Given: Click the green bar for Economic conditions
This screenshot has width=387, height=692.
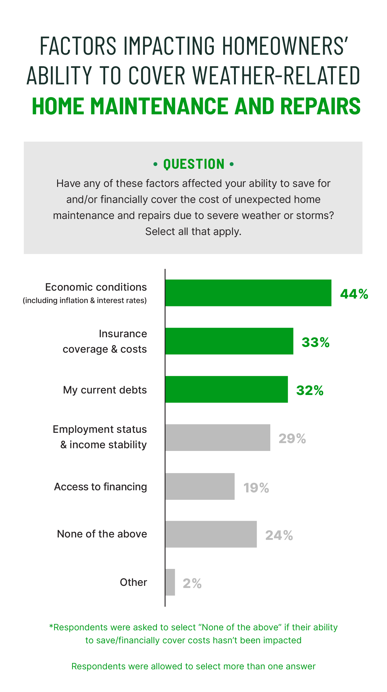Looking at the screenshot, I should [248, 293].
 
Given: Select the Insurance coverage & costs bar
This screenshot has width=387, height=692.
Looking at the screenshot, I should [229, 341].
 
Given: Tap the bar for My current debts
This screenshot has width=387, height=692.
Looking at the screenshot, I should [226, 389].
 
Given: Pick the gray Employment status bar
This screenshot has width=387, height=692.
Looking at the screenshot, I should [218, 438].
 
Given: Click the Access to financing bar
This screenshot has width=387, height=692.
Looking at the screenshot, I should [200, 486].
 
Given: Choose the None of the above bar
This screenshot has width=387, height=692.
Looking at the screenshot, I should [211, 534].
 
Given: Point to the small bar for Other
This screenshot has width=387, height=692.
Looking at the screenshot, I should [170, 582].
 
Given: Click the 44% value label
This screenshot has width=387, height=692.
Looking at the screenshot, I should [354, 294].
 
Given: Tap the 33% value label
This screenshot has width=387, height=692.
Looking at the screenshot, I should [316, 342].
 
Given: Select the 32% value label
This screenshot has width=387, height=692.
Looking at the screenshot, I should [310, 390].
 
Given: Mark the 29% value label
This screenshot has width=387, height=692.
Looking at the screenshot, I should [292, 439].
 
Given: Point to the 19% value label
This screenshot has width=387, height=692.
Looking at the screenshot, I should [256, 488].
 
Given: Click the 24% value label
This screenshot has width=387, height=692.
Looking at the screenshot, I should [279, 536].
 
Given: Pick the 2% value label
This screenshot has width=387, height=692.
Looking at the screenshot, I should [192, 583].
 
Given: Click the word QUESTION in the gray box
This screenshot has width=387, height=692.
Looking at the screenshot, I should [194, 164].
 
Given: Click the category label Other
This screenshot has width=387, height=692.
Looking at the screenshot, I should [133, 582].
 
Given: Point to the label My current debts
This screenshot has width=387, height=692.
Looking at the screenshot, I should [105, 390].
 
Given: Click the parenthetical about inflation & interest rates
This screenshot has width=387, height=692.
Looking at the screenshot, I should [85, 300].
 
